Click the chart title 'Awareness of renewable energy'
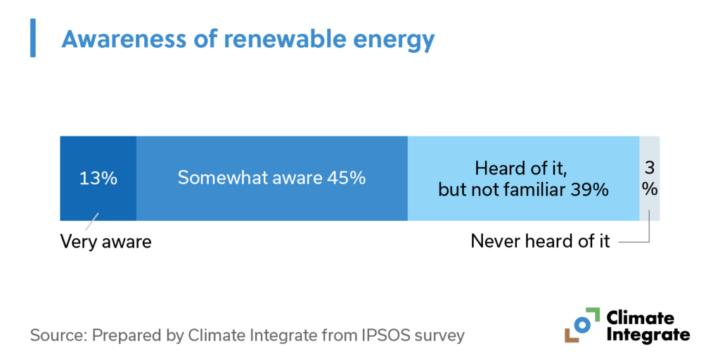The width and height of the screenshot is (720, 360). pos(247,39)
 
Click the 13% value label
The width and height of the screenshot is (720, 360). pos(98,178)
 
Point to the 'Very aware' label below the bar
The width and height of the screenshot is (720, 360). pos(105,242)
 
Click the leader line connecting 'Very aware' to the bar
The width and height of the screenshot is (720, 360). pos(92,221)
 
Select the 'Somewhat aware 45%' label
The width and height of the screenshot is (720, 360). pos(271,178)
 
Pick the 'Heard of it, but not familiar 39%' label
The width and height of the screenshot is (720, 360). pos(523,179)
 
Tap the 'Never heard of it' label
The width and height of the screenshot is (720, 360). pos(541,242)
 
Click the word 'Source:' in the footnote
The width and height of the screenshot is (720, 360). pos(56,335)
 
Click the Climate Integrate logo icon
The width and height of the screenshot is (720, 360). pos(581,325)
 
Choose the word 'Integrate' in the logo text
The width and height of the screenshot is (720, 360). pos(648,335)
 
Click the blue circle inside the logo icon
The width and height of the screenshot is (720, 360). pos(582,324)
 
